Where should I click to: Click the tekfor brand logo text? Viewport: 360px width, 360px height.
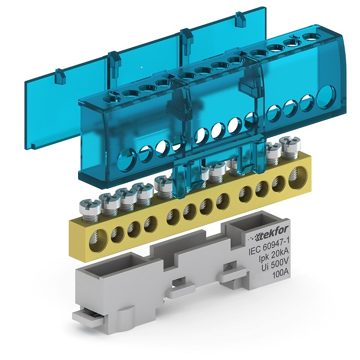pyautogui.click(x=270, y=233)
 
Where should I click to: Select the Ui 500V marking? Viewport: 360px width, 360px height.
pyautogui.click(x=275, y=266)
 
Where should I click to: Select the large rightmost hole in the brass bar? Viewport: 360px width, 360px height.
pyautogui.click(x=296, y=176)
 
